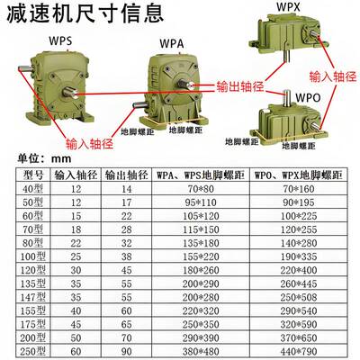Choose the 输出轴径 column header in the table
click(124, 174)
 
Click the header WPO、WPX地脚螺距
click(301, 174)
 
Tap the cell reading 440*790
click(301, 349)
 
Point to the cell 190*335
click(301, 256)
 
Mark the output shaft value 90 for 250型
click(124, 349)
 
